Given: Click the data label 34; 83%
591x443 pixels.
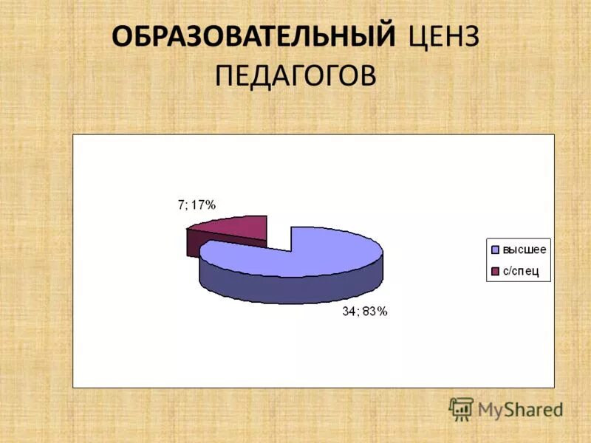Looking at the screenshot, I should pyautogui.click(x=364, y=312).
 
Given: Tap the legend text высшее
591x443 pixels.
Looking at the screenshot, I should pyautogui.click(x=525, y=250).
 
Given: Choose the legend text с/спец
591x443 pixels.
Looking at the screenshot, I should pyautogui.click(x=522, y=272).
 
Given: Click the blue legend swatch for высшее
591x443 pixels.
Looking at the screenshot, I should pyautogui.click(x=494, y=250).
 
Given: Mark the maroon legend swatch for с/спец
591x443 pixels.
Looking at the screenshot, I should pyautogui.click(x=494, y=272).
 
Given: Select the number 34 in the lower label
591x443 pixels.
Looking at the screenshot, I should pyautogui.click(x=348, y=312).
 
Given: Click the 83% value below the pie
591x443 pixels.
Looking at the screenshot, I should pyautogui.click(x=375, y=312).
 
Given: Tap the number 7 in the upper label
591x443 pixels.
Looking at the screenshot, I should pyautogui.click(x=180, y=205).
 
